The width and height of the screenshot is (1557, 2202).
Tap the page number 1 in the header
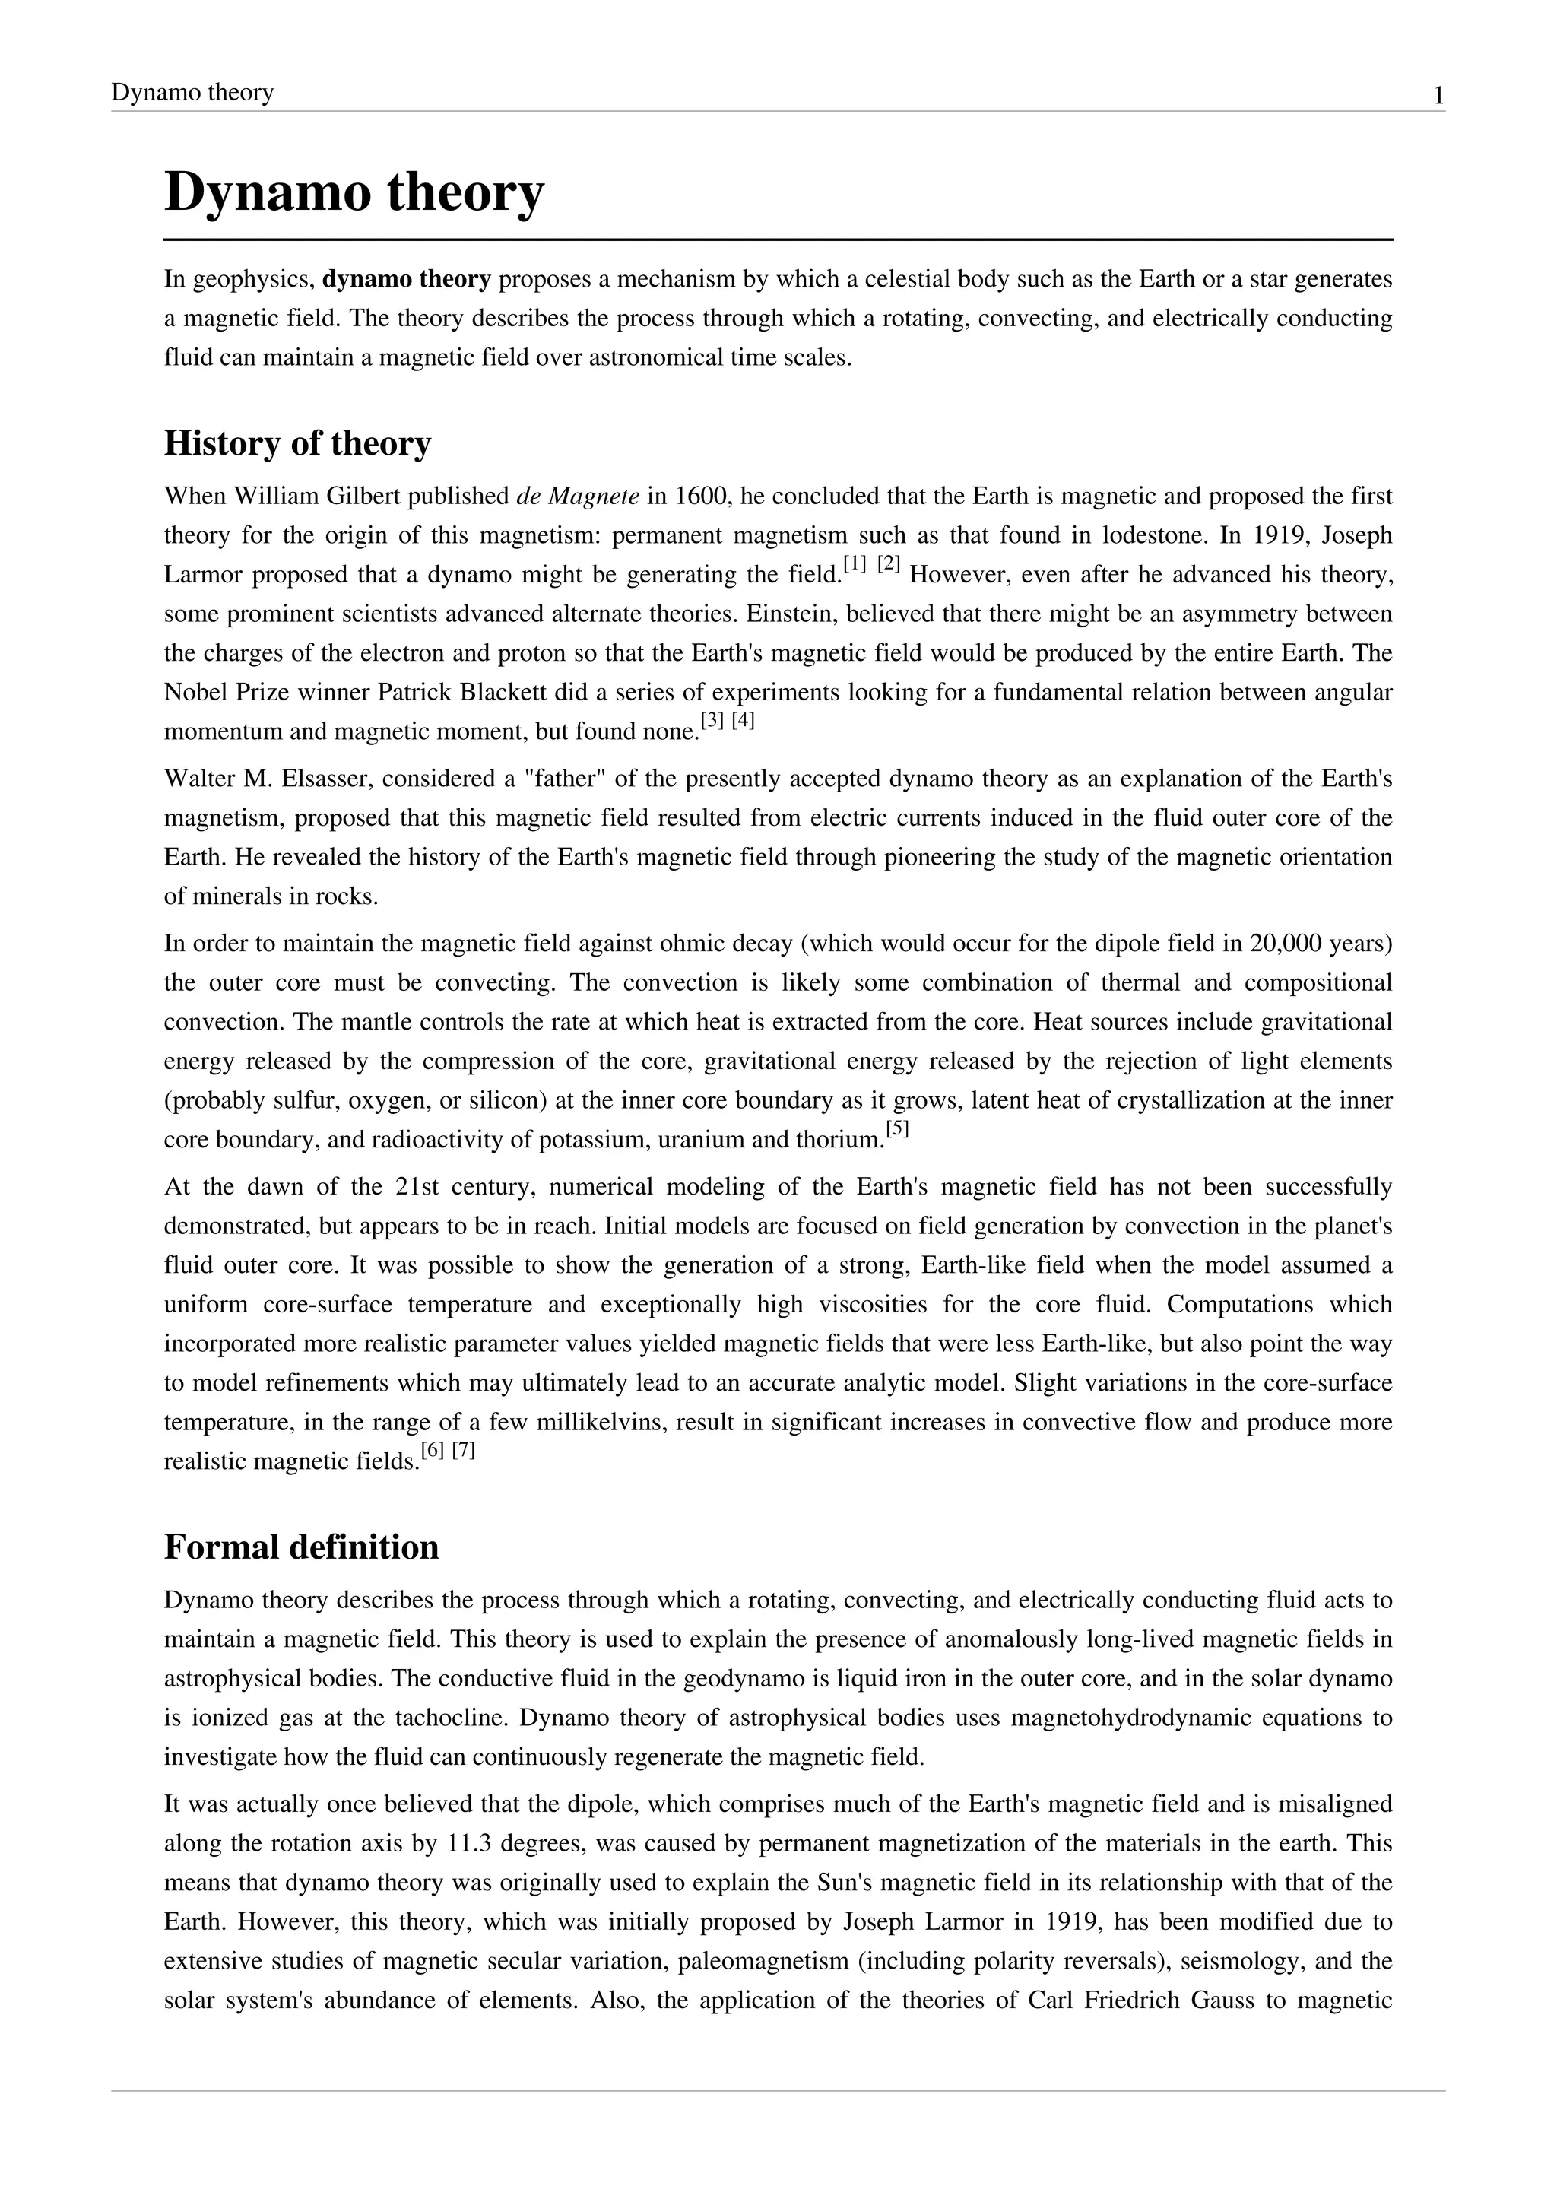pyautogui.click(x=1438, y=96)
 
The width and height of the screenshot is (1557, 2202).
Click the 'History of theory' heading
pyautogui.click(x=297, y=443)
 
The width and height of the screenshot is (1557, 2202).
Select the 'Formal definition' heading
pyautogui.click(x=301, y=1547)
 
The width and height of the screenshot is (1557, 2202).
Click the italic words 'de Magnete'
pyautogui.click(x=577, y=497)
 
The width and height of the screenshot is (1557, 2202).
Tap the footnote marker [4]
pyautogui.click(x=743, y=722)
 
